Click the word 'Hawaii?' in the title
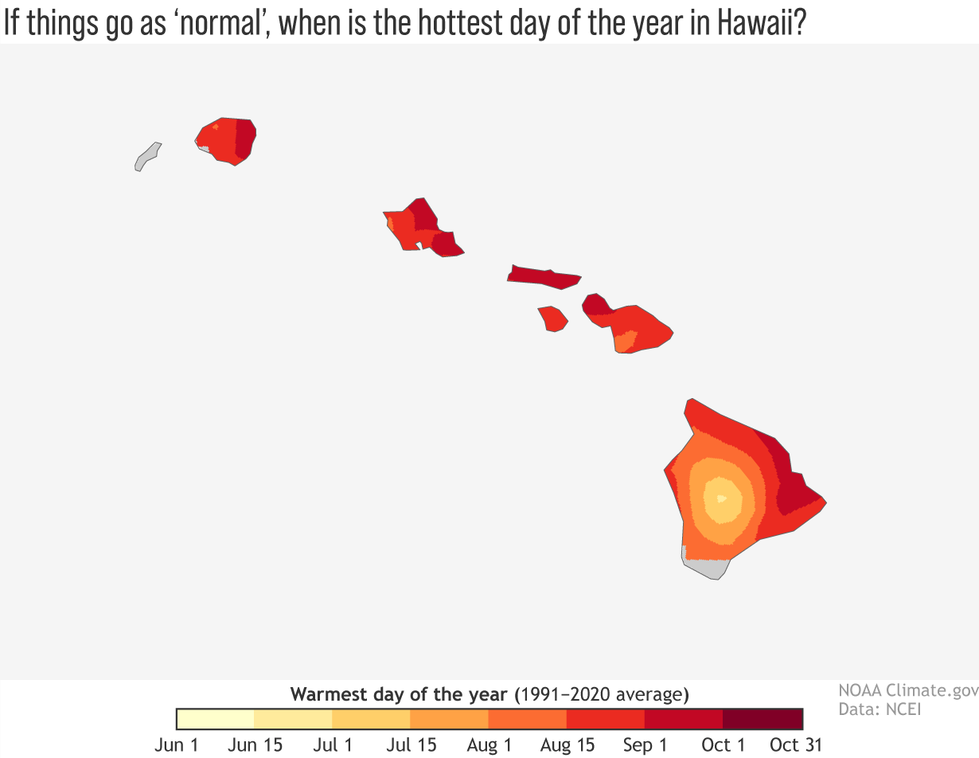tap(762, 22)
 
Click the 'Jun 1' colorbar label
tap(176, 745)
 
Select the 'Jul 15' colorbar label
tap(411, 745)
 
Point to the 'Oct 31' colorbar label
tap(796, 745)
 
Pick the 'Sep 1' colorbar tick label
tap(645, 745)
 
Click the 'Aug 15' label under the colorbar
tap(568, 745)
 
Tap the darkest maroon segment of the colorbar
tap(763, 719)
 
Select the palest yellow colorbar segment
tap(216, 719)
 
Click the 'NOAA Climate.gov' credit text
tap(908, 690)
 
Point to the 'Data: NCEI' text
tap(880, 709)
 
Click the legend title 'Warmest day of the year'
tap(399, 694)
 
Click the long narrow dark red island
tap(544, 277)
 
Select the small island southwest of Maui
tap(553, 318)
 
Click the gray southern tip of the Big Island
tap(706, 568)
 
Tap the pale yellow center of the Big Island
tap(722, 498)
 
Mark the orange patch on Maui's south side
tap(626, 341)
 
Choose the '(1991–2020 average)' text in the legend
tap(602, 694)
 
